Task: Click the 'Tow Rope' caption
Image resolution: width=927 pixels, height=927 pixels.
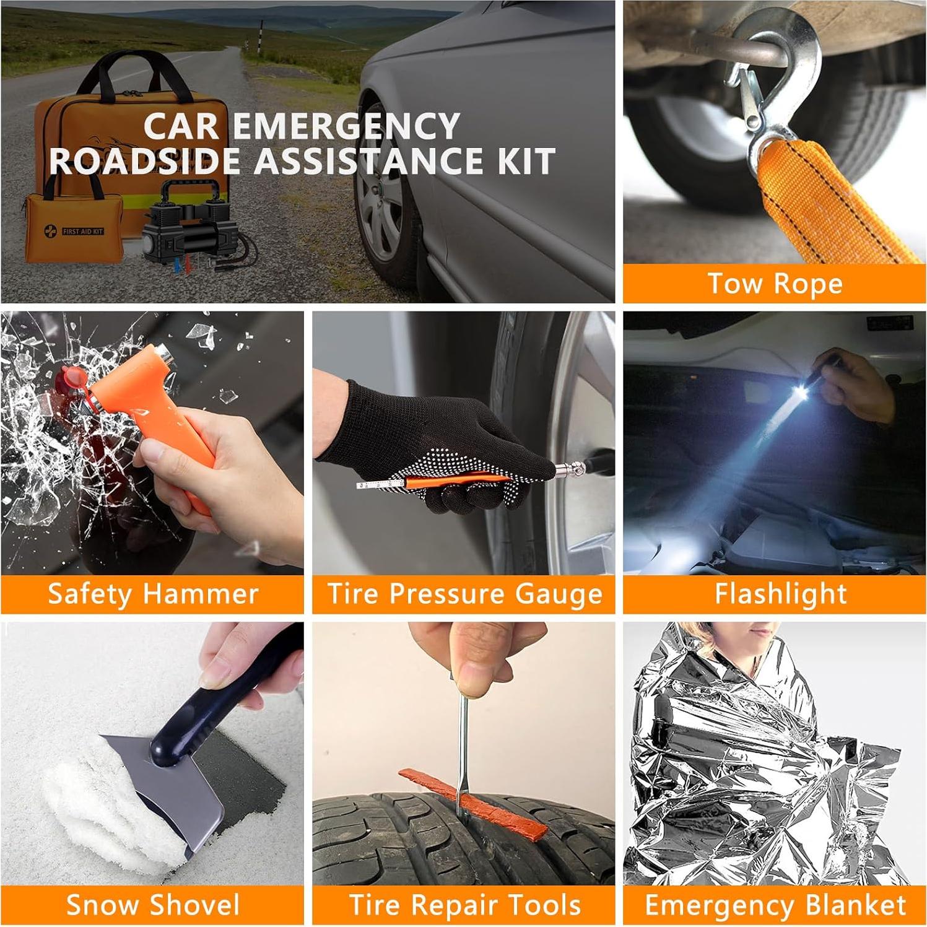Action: [x=775, y=284]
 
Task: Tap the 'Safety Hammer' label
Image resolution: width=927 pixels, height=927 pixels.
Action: [x=153, y=594]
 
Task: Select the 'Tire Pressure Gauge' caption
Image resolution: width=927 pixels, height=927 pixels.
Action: [x=464, y=594]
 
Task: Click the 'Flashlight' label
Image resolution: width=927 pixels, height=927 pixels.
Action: [x=780, y=594]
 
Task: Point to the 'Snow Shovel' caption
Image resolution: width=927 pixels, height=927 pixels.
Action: [x=153, y=905]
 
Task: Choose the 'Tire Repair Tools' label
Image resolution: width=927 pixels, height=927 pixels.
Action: [x=464, y=905]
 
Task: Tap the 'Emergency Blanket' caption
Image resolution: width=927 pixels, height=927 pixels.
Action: [x=775, y=905]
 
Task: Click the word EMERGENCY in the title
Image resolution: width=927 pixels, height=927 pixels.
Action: [x=346, y=126]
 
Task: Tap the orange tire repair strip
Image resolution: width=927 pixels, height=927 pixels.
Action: [x=474, y=799]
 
